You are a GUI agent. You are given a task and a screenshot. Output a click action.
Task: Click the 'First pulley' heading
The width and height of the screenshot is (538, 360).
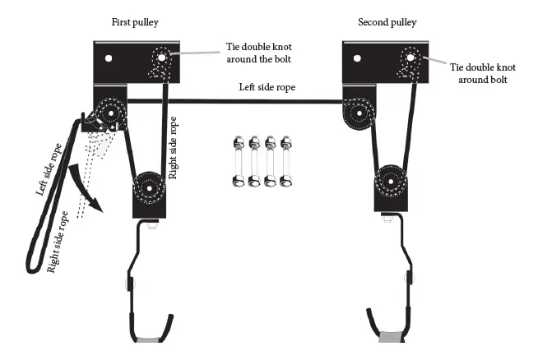pyautogui.click(x=135, y=21)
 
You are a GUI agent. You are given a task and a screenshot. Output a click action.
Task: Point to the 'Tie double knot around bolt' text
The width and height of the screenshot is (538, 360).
pyautogui.click(x=489, y=73)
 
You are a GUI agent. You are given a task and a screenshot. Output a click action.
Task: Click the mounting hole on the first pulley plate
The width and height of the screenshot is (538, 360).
pyautogui.click(x=108, y=59)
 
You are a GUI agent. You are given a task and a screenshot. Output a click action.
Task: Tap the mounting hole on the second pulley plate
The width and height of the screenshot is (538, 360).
pyautogui.click(x=358, y=58)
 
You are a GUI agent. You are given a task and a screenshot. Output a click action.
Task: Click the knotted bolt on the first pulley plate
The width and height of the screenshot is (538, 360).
pyautogui.click(x=160, y=58)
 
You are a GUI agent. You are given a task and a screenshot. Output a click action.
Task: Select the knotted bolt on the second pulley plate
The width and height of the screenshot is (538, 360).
pyautogui.click(x=410, y=58)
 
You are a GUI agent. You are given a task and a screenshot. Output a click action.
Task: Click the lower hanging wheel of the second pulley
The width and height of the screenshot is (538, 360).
pyautogui.click(x=392, y=182)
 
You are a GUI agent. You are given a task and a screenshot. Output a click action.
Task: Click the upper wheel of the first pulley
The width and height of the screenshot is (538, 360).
pyautogui.click(x=110, y=113)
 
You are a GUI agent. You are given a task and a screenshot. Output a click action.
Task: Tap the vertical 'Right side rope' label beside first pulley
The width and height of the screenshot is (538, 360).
pyautogui.click(x=173, y=147)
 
